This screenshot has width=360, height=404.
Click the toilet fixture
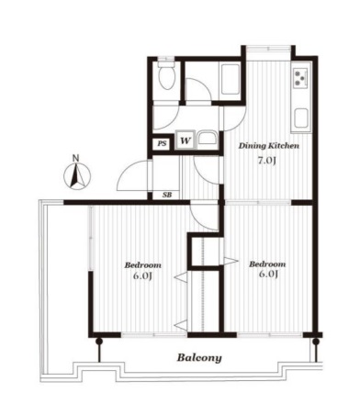click(167, 75)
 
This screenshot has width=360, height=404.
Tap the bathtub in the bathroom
click(230, 80)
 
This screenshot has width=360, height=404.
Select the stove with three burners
click(300, 78)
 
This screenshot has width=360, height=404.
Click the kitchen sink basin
click(301, 118)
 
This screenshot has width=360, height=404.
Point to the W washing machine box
click(185, 140)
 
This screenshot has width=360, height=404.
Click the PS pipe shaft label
click(162, 143)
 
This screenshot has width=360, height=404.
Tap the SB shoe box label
click(167, 195)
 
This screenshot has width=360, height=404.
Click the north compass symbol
click(77, 176)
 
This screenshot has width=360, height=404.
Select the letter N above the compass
click(75, 158)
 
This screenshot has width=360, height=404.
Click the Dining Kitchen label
click(268, 146)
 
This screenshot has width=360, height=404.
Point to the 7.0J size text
click(267, 161)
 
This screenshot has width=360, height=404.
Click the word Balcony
click(199, 358)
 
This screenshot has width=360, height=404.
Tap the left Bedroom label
click(142, 265)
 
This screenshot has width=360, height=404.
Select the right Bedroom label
click(267, 264)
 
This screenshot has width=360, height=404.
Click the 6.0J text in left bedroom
click(142, 275)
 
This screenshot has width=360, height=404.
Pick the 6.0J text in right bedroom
click(268, 274)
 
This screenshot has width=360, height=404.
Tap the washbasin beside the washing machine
click(208, 140)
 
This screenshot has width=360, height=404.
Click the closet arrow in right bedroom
click(231, 261)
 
